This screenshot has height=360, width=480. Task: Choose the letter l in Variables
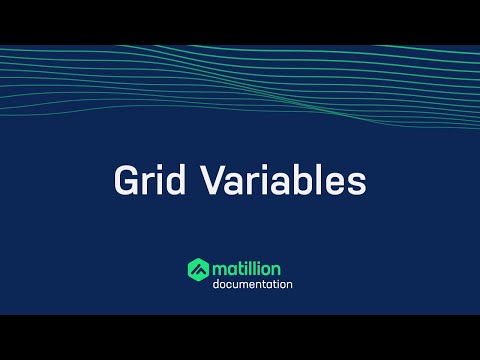click(x=316, y=182)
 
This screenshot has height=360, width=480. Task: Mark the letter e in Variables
click(x=335, y=185)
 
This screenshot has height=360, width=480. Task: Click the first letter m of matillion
click(x=220, y=269)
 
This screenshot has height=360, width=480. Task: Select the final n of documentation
click(x=289, y=286)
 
